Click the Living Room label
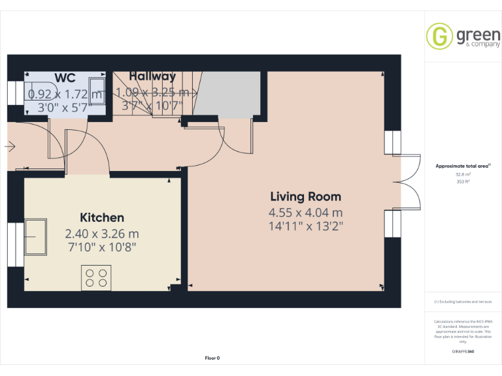(305, 196)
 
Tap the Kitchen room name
(102, 217)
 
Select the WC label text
(65, 78)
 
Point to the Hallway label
(152, 76)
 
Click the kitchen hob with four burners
(96, 277)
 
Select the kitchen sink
(35, 236)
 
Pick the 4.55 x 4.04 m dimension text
(305, 213)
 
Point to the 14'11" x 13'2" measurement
(305, 227)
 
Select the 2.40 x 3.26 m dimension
(102, 233)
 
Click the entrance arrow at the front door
(9, 147)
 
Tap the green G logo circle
(439, 36)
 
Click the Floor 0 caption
(212, 358)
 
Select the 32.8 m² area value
(463, 174)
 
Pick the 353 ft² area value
(463, 182)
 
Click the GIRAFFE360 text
(463, 352)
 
